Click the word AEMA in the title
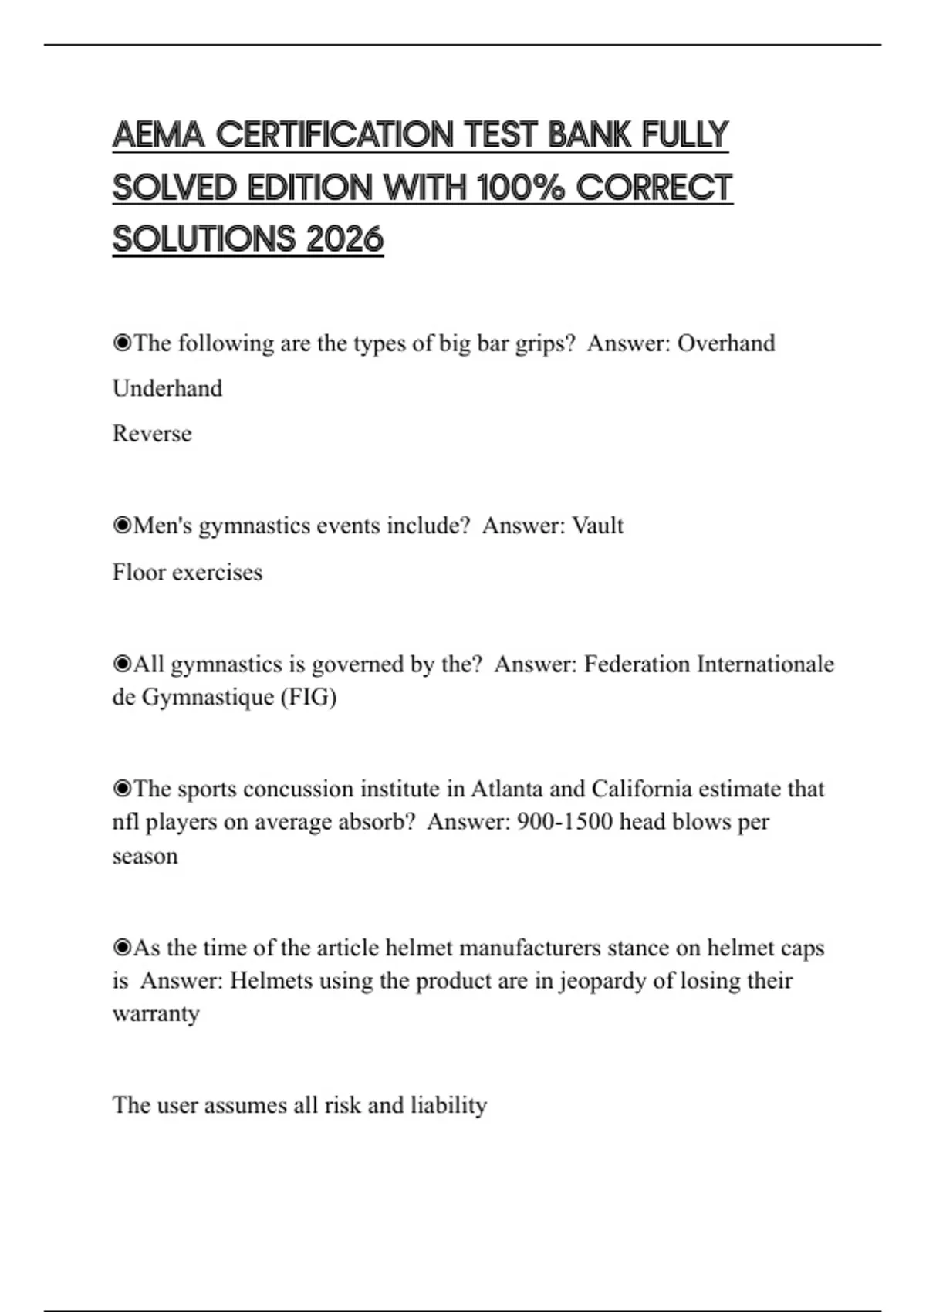point(158,135)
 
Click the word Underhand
point(167,388)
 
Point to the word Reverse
point(152,434)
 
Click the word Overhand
point(726,343)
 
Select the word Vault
point(597,526)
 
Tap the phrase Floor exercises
point(188,573)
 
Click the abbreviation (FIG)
point(309,698)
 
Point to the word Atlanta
point(506,790)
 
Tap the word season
point(145,856)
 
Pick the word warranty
point(156,1013)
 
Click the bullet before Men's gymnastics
point(122,526)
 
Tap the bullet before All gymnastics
point(122,664)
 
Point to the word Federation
point(637,664)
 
